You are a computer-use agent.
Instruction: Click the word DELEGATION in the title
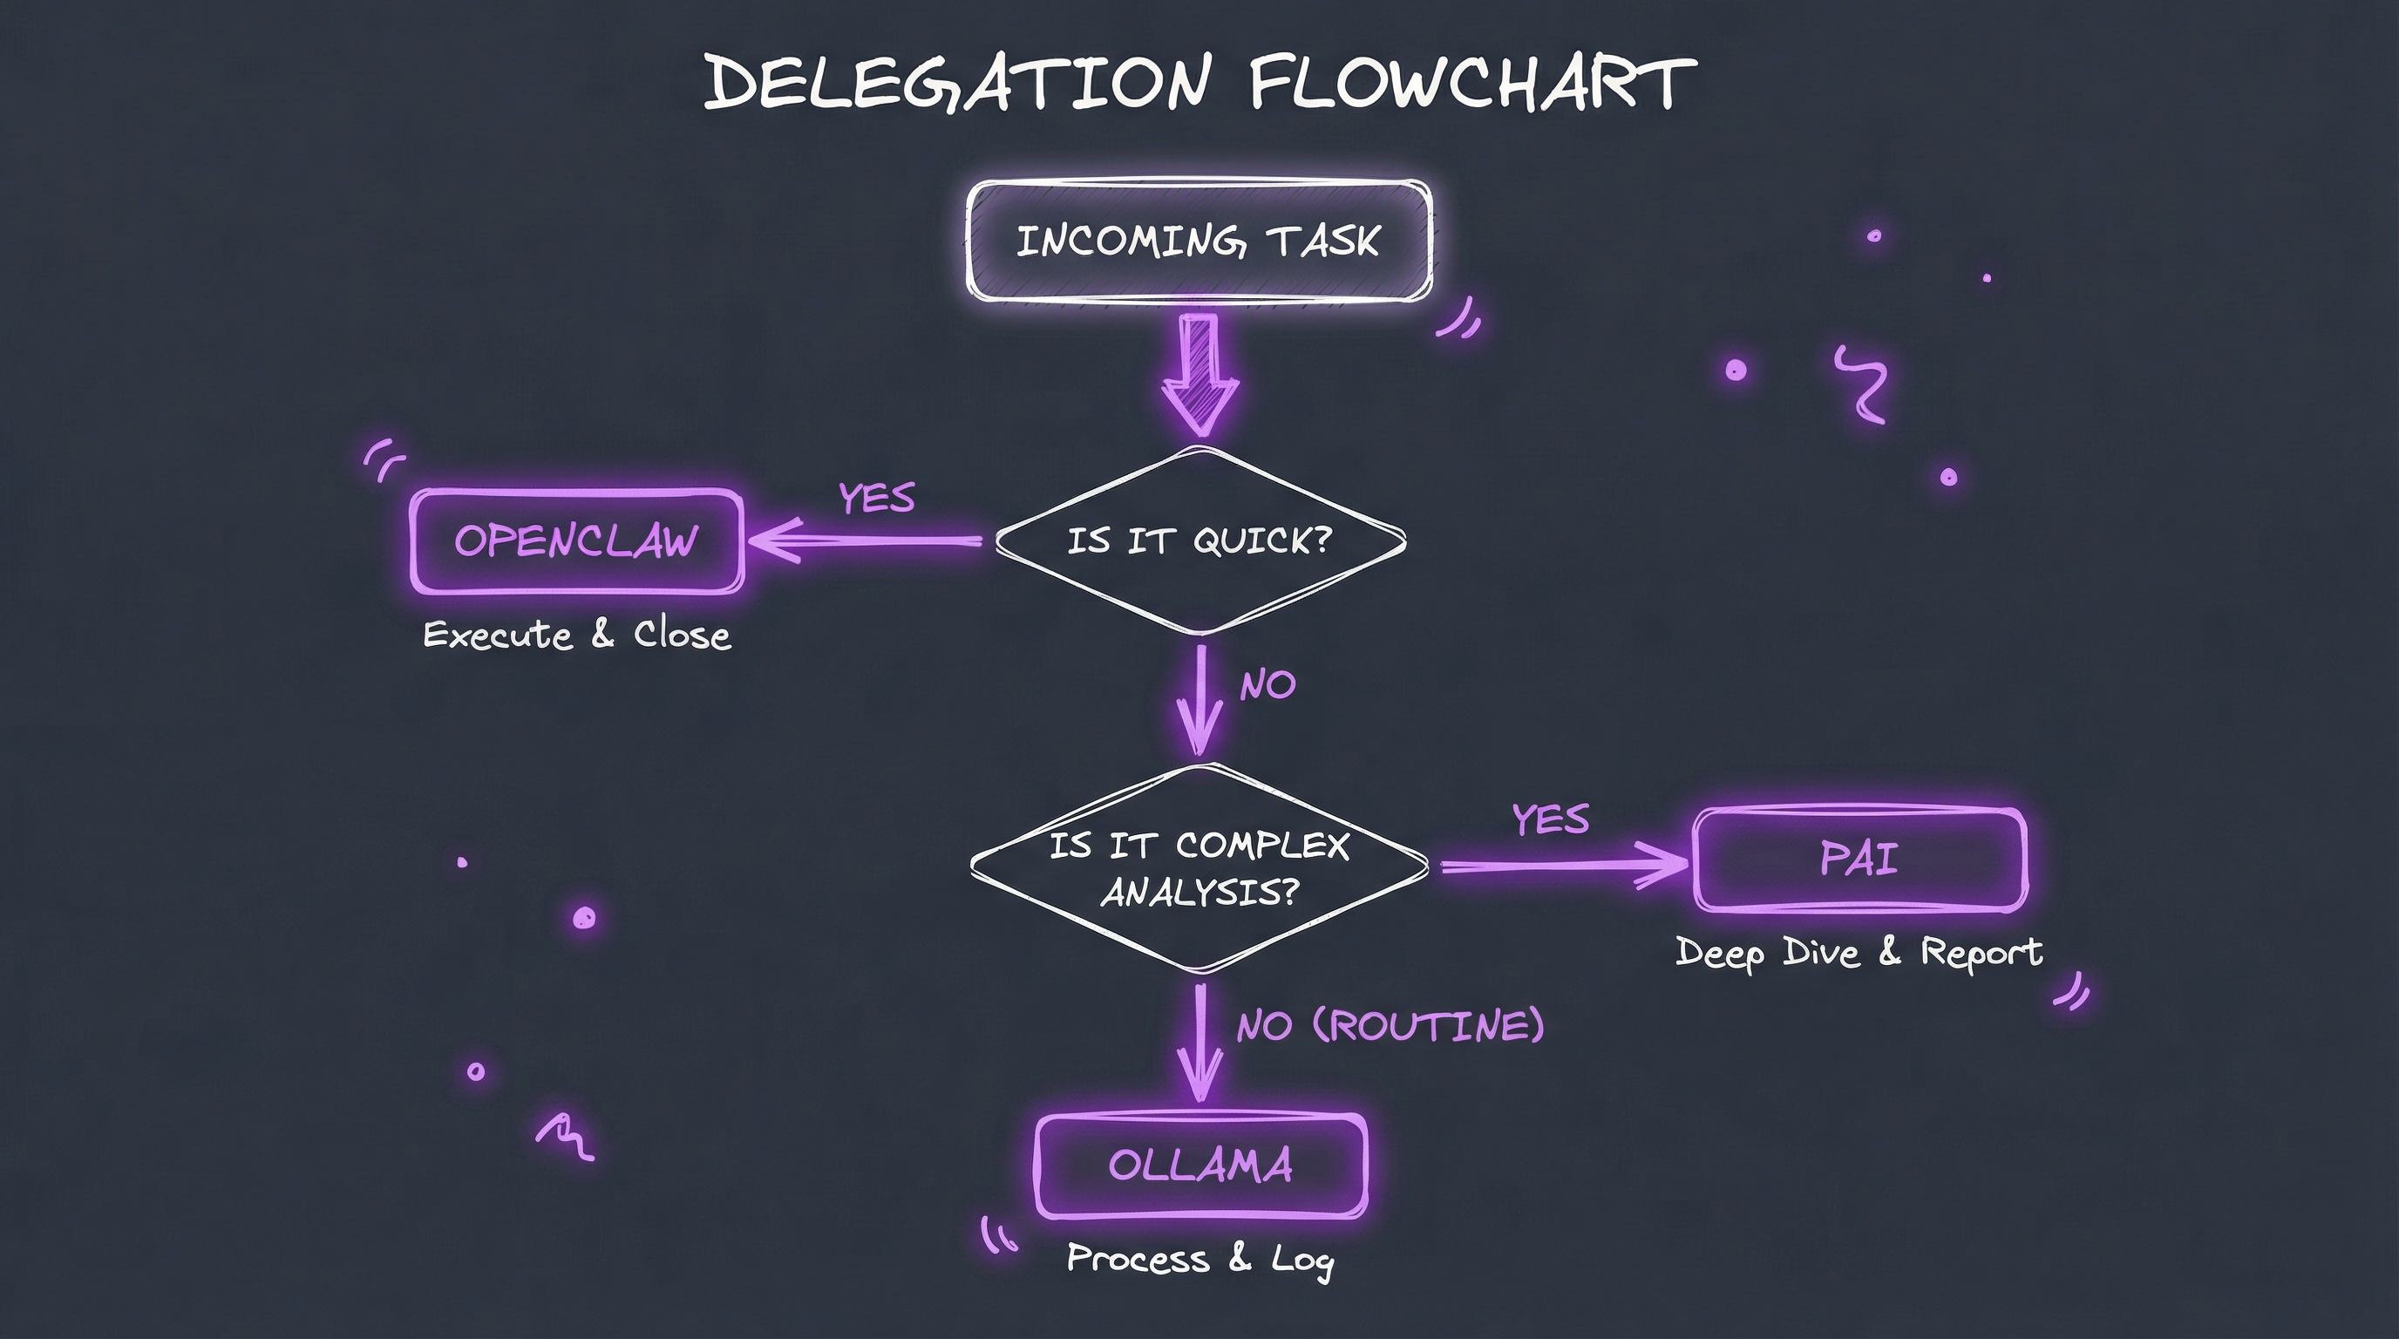coord(957,82)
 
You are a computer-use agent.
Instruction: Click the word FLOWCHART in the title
coord(1471,82)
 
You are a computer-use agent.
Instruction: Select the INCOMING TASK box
coord(1199,242)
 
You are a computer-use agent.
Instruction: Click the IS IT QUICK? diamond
coord(1199,541)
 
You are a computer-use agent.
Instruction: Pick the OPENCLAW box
coord(576,541)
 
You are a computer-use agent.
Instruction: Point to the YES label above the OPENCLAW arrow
coord(876,498)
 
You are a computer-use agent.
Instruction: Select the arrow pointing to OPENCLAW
coord(866,540)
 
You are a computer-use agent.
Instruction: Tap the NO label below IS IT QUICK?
coord(1267,685)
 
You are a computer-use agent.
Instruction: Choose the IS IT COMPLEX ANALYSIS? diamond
coord(1199,868)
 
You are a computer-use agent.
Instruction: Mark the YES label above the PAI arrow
coord(1551,819)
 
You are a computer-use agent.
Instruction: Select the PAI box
coord(1859,860)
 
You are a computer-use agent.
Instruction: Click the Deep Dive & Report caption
coord(1859,953)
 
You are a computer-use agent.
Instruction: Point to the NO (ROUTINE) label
coord(1390,1026)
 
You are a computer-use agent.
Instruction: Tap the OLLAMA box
coord(1200,1166)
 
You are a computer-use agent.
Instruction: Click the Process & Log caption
coord(1200,1259)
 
